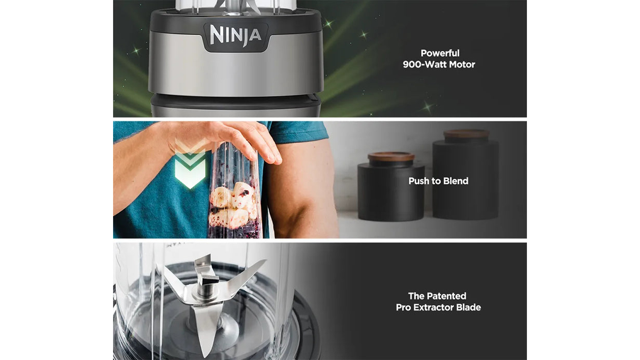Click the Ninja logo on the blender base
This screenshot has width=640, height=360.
pyautogui.click(x=236, y=35)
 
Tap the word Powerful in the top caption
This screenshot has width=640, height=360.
pyautogui.click(x=440, y=53)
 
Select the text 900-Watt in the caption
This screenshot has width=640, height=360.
pyautogui.click(x=425, y=64)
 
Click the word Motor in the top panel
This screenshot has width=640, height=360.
pyautogui.click(x=462, y=64)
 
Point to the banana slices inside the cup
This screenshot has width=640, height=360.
pyautogui.click(x=233, y=204)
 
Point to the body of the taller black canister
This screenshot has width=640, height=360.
pyautogui.click(x=466, y=180)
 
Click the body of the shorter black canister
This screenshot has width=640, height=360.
pyautogui.click(x=391, y=192)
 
